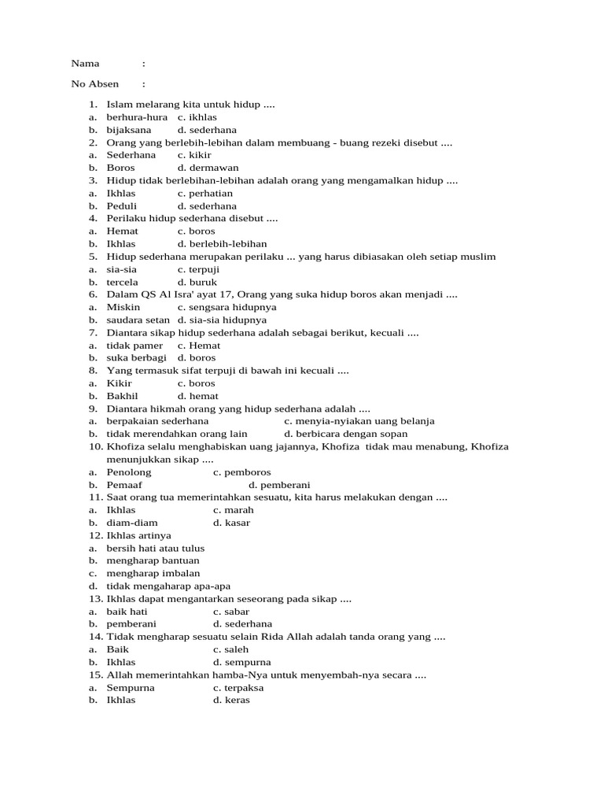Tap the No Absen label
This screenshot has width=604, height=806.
(x=94, y=84)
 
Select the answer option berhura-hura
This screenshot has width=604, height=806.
(x=137, y=116)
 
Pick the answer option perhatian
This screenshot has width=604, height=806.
(x=210, y=193)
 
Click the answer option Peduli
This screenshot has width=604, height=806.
(x=122, y=205)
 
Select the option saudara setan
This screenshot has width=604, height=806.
(x=138, y=320)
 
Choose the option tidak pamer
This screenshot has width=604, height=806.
(x=134, y=346)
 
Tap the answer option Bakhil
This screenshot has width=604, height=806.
(x=123, y=396)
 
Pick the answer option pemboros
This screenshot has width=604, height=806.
(x=247, y=472)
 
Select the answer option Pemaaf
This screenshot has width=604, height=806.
(x=124, y=485)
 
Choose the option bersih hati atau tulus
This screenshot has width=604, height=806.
(x=156, y=548)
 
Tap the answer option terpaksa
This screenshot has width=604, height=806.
(x=245, y=687)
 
